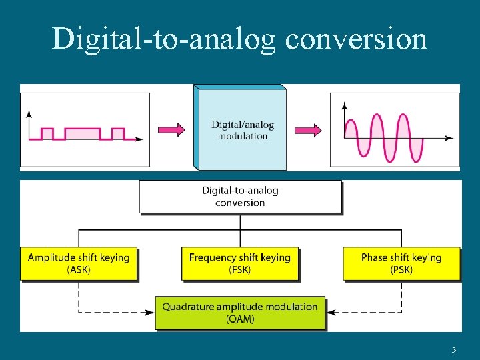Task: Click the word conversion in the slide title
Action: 356,39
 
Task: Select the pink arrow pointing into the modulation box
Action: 171,129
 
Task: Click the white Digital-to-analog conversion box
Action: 240,196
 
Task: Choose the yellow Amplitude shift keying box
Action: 79,263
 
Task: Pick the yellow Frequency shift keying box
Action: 240,263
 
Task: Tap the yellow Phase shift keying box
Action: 401,263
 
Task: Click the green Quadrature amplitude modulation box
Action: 240,313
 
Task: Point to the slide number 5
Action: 453,350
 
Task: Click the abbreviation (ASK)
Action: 79,270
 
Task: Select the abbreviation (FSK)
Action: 240,270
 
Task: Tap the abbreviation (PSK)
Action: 401,270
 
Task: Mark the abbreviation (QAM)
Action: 240,319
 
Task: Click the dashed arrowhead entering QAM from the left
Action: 151,311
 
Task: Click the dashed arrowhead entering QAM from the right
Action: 331,311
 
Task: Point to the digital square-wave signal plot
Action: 85,129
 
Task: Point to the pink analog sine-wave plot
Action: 395,130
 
